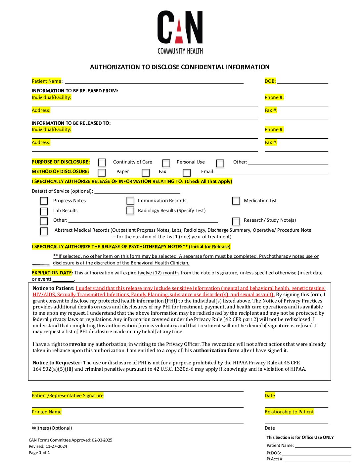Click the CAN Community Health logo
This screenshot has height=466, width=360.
coord(180,32)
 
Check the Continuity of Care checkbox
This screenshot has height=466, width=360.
coord(102,162)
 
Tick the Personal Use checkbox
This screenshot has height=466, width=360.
coord(166,163)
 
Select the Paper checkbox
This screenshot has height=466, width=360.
coord(102,172)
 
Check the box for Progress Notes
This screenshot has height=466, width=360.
coord(44,201)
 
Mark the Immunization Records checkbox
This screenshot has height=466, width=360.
coord(130,201)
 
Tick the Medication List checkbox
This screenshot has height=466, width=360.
coord(236,201)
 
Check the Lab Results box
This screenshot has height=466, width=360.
coord(44,211)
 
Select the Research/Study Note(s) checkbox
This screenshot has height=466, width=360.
coord(236,221)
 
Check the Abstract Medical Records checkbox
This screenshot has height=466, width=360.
coord(44,231)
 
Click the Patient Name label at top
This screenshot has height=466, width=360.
coord(47,81)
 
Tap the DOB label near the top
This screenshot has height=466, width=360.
coord(270,81)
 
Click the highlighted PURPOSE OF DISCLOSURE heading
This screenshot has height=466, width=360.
coord(61,162)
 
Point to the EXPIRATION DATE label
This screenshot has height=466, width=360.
coord(52,273)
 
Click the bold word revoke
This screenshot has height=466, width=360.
coord(77,344)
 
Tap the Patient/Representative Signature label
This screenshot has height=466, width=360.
coord(67,396)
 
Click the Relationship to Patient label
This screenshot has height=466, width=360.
coord(289,412)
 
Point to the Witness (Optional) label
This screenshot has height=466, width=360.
coord(52,428)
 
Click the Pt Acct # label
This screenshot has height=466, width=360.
coord(275,459)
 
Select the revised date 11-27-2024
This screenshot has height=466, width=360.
coord(56,446)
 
